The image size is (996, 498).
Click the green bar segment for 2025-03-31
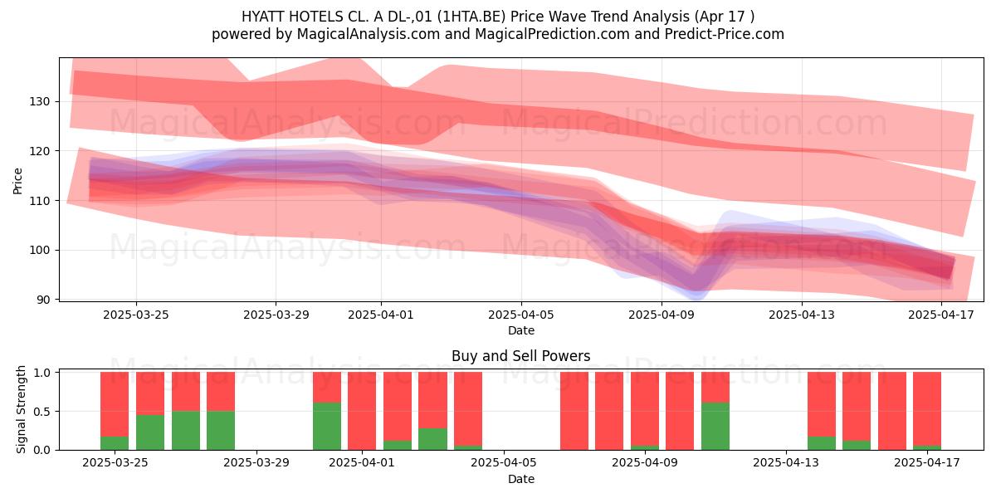click(327, 426)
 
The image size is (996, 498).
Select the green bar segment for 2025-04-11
click(715, 426)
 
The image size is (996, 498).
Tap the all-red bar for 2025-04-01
click(362, 411)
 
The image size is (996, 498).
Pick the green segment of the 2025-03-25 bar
click(115, 443)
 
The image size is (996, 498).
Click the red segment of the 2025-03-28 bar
click(221, 391)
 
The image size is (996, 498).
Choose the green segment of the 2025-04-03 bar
click(432, 439)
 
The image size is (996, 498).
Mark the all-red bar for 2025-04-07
click(574, 411)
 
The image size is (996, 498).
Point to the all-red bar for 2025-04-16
click(892, 411)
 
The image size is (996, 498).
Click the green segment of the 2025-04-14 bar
click(821, 443)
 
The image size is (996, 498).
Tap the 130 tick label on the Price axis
click(39, 102)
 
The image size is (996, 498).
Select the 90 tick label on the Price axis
click(44, 300)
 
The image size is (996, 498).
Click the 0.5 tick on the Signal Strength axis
click(41, 412)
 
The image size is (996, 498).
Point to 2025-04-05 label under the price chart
click(521, 315)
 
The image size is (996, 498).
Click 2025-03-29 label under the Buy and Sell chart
click(256, 463)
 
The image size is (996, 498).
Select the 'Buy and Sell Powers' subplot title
click(521, 356)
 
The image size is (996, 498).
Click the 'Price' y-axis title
click(17, 181)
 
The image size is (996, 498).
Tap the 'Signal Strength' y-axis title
click(21, 409)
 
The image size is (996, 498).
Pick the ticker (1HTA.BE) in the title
click(471, 17)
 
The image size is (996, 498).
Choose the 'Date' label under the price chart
click(521, 330)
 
